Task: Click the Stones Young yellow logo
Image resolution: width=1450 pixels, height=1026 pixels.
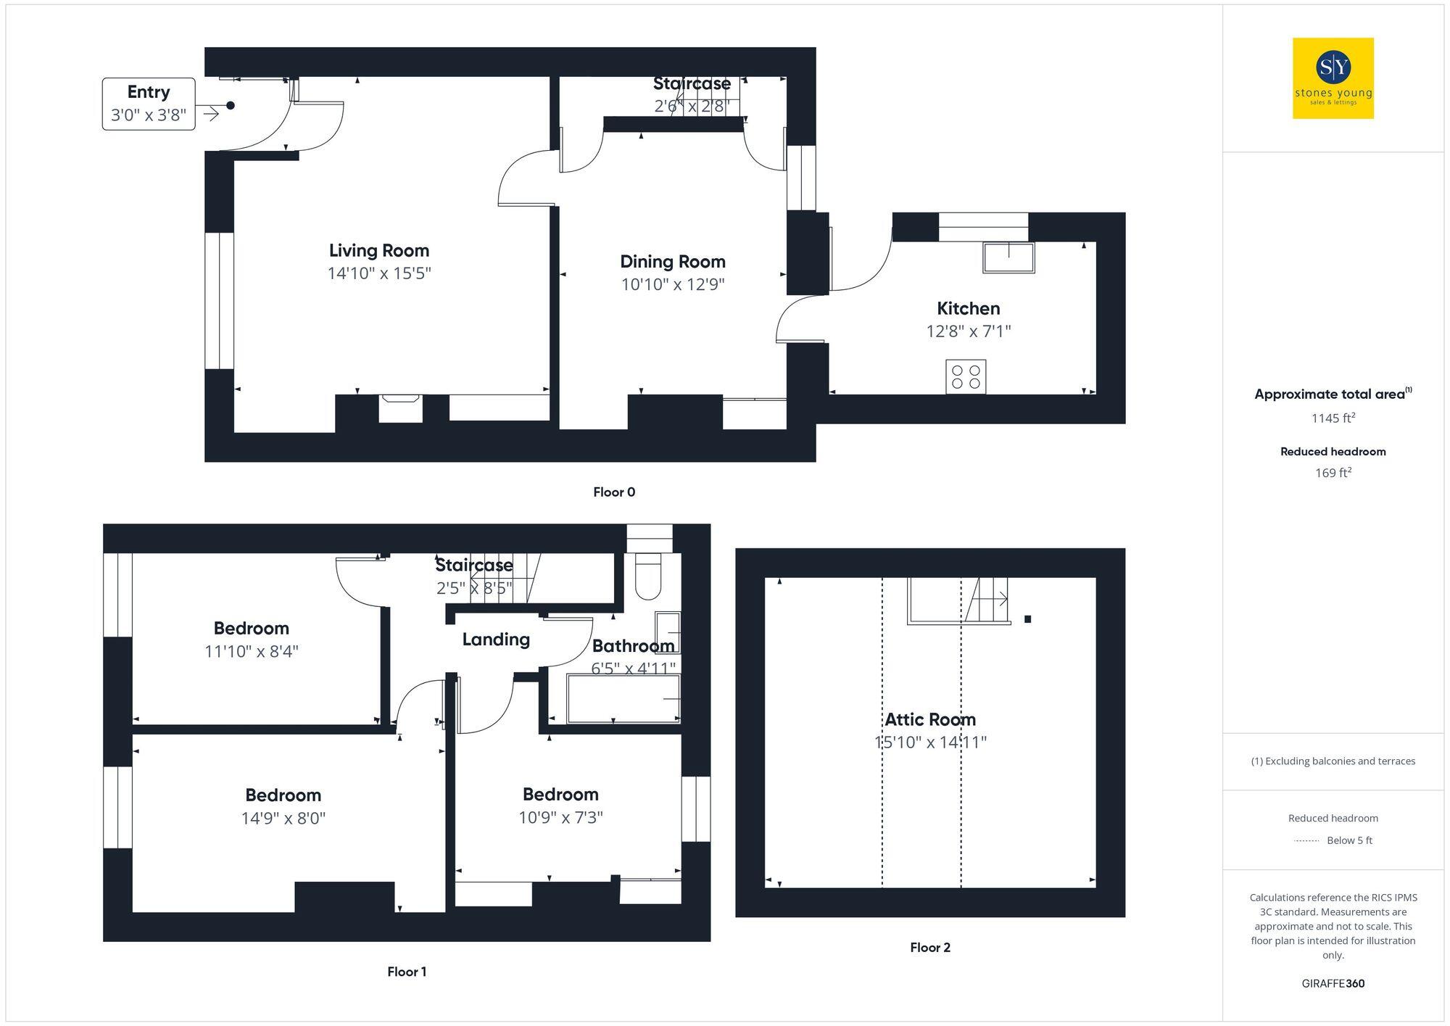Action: pyautogui.click(x=1333, y=78)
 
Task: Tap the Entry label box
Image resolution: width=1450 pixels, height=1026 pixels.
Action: pyautogui.click(x=149, y=104)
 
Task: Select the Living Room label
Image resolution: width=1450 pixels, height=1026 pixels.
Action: pyautogui.click(x=378, y=251)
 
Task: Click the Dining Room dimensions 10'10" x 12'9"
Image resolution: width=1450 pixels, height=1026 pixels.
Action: pyautogui.click(x=672, y=284)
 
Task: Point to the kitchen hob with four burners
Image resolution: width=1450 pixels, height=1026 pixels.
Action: pyautogui.click(x=965, y=376)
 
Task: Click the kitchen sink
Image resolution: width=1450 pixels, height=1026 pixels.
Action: pyautogui.click(x=1008, y=257)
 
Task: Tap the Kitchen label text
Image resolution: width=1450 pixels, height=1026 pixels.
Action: pyautogui.click(x=968, y=309)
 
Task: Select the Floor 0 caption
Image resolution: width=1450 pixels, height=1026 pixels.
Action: pyautogui.click(x=613, y=492)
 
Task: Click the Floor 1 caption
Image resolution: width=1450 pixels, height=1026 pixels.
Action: pyautogui.click(x=406, y=972)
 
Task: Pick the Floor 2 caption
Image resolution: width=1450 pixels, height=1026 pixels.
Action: pyautogui.click(x=929, y=948)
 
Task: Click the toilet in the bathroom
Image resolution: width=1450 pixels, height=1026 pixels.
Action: pyautogui.click(x=647, y=576)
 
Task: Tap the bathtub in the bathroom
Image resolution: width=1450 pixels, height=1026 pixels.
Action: pyautogui.click(x=623, y=699)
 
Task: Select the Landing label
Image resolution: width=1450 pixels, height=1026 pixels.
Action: pyautogui.click(x=496, y=640)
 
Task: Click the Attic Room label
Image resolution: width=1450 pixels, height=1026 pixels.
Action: pyautogui.click(x=929, y=719)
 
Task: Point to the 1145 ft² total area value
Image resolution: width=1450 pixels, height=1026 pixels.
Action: pyautogui.click(x=1333, y=418)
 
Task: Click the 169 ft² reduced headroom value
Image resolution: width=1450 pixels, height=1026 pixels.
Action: pyautogui.click(x=1333, y=473)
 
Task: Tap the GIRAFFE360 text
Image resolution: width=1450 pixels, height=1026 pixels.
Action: pyautogui.click(x=1333, y=983)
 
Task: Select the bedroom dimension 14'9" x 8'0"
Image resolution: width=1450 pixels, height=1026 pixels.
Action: pyautogui.click(x=283, y=819)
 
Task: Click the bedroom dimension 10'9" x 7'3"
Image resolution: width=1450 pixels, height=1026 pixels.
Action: pyautogui.click(x=560, y=818)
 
